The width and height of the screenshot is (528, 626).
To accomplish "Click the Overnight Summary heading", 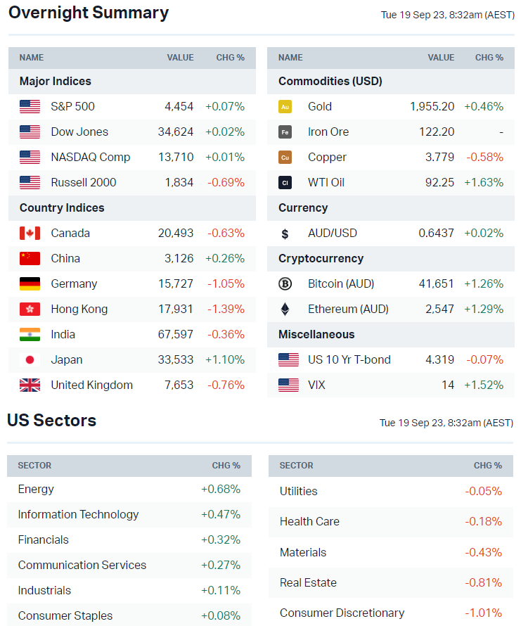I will click(x=89, y=13).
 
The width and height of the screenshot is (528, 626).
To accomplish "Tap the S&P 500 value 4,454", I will click(x=179, y=106).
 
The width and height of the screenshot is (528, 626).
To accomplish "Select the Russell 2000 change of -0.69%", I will click(x=225, y=182).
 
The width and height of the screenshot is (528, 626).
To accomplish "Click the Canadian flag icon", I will click(x=30, y=233).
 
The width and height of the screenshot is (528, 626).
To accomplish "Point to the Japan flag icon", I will click(x=30, y=359).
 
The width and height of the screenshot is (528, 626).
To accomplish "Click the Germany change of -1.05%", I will click(x=226, y=283).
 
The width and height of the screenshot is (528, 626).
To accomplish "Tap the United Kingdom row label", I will click(x=91, y=385).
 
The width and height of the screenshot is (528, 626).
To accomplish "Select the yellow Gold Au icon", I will click(x=285, y=106).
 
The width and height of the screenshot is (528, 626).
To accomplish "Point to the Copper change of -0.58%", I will click(x=484, y=157).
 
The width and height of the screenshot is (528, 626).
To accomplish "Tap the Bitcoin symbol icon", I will click(x=285, y=283).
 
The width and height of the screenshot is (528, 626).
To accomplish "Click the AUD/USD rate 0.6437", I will click(x=436, y=233).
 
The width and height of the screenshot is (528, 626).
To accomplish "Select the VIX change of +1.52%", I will click(x=484, y=385).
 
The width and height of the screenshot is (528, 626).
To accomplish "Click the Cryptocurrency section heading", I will click(x=321, y=258).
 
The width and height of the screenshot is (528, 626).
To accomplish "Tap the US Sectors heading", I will click(x=51, y=421).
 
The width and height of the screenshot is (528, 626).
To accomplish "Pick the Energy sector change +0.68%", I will click(x=221, y=489).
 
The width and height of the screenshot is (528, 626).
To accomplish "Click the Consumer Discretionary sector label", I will click(x=342, y=613).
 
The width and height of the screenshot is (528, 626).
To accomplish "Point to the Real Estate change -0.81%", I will click(x=483, y=582).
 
